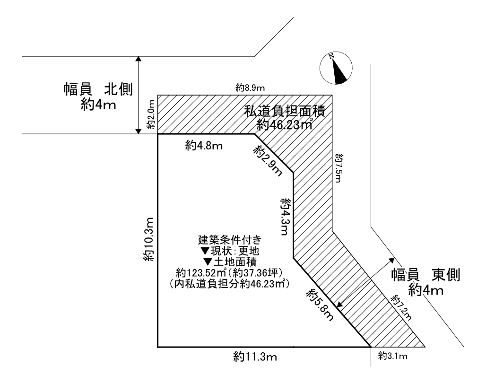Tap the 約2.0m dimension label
pos(150,114)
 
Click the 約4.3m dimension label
pos(285,216)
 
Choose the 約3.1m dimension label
pos(393,356)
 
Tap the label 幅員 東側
pos(425,275)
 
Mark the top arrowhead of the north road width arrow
pos(139,59)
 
